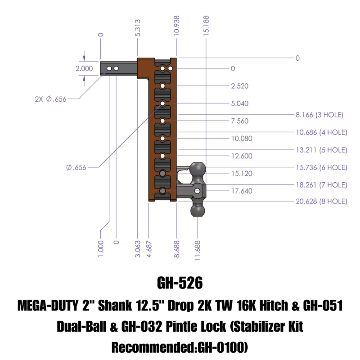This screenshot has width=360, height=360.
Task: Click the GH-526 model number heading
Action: tap(180, 283)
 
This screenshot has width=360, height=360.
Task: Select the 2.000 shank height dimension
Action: tap(84, 69)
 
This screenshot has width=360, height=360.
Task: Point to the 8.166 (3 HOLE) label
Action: tap(319, 115)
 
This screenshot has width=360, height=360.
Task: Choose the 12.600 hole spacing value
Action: tap(242, 156)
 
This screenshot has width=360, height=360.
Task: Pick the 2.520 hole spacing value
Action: tap(239, 86)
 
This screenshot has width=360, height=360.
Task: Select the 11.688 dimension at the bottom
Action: tap(198, 248)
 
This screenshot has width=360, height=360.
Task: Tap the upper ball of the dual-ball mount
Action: tap(198, 169)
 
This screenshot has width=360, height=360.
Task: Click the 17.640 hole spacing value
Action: tap(242, 191)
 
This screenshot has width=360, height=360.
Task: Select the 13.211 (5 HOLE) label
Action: tap(321, 149)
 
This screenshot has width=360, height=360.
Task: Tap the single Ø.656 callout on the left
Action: tap(76, 167)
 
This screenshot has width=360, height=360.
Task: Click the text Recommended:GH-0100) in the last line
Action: tap(180, 347)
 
